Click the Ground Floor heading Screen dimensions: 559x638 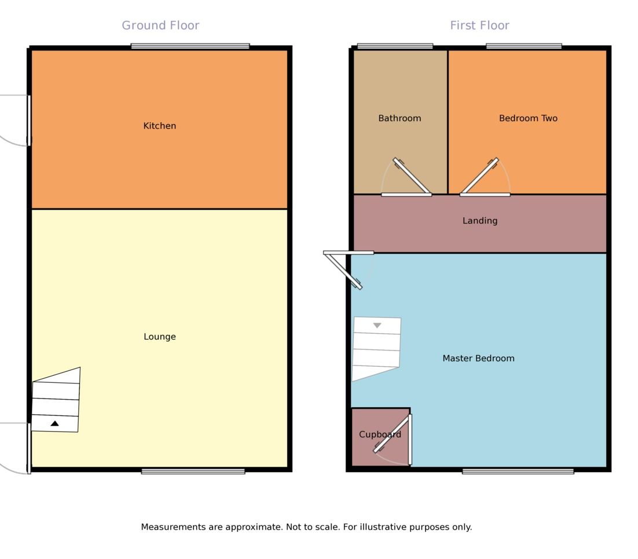coord(160,25)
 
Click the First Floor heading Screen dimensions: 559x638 coord(479,25)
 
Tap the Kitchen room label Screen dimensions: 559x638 coord(160,126)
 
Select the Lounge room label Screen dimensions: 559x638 coord(160,337)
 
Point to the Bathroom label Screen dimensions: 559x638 coord(399,118)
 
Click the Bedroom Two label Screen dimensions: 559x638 coord(528,118)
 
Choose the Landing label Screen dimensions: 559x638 coord(480,221)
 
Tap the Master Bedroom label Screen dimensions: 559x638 coord(478,358)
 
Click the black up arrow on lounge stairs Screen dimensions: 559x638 coord(54,423)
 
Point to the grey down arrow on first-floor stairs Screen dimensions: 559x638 coord(377,326)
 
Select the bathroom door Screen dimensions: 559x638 coord(412,177)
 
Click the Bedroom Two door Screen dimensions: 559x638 coord(479,176)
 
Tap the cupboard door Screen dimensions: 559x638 coord(393,433)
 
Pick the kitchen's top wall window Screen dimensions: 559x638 coord(190,46)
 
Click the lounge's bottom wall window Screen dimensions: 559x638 coord(193,472)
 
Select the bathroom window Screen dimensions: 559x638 coord(395,46)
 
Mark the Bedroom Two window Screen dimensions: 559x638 coord(524,46)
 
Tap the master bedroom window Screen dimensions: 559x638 coord(518,472)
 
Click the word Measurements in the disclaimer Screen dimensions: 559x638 coord(173,527)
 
